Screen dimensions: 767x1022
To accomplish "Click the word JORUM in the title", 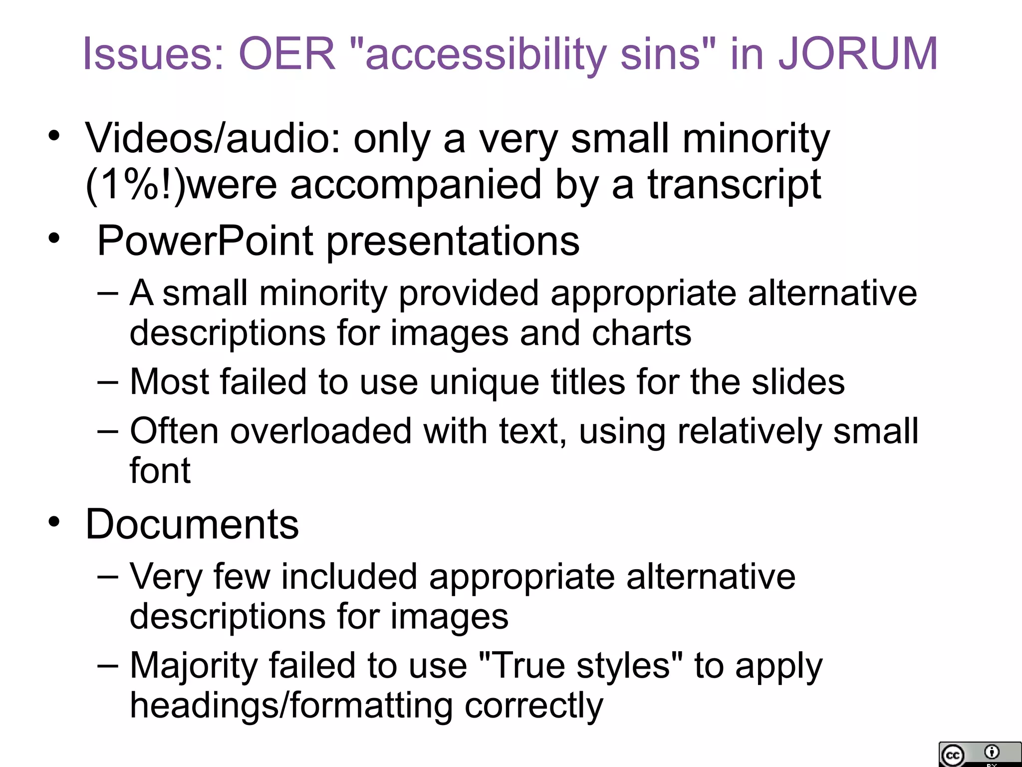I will click(858, 54).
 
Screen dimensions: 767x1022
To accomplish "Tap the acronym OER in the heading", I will click(287, 54).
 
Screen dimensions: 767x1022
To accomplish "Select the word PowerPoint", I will click(205, 241).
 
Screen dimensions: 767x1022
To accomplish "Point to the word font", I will click(160, 470).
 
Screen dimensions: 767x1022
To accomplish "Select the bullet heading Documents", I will click(192, 524).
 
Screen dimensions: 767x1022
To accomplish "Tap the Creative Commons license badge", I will click(979, 754).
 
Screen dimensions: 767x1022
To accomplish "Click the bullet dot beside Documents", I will click(54, 522).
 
